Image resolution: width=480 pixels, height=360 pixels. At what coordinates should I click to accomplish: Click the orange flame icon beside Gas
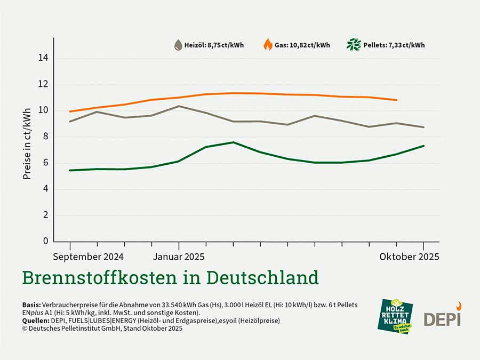pos(268,45)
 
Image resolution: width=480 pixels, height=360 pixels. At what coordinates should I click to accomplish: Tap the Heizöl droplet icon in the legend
pos(178,45)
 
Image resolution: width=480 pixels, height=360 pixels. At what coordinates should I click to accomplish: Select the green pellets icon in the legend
pos(353,45)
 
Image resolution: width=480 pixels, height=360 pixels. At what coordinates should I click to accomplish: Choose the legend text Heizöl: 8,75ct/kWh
pos(214,45)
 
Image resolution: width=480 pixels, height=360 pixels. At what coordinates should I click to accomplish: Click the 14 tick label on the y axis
pos(43,58)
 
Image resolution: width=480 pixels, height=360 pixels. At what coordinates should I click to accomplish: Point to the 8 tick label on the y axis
pos(45,137)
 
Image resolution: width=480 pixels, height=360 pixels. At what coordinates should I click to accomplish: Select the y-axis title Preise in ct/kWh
pos(27,137)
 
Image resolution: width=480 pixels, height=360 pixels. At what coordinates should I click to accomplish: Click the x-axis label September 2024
pos(89,257)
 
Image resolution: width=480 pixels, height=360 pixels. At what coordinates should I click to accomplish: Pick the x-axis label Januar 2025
pos(179,257)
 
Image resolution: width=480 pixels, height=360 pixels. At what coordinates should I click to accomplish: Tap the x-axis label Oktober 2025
pos(410,257)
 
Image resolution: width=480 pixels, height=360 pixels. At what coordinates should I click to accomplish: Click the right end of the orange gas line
pos(396,100)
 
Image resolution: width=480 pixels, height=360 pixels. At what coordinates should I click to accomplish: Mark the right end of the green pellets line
pos(423,146)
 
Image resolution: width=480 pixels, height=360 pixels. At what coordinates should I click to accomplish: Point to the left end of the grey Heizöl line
pos(70,122)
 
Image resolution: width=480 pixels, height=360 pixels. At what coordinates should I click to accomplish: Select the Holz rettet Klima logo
pos(395,316)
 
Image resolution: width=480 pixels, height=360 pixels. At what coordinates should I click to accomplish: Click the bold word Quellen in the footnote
pos(35,321)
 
